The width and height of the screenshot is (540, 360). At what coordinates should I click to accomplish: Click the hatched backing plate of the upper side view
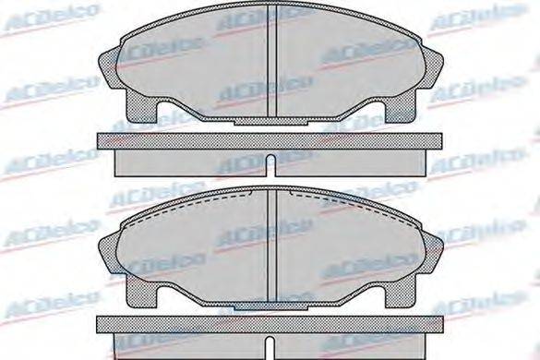185,140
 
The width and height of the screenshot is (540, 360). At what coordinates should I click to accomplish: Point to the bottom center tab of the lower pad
270,304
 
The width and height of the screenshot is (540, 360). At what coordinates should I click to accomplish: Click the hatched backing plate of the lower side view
185,322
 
